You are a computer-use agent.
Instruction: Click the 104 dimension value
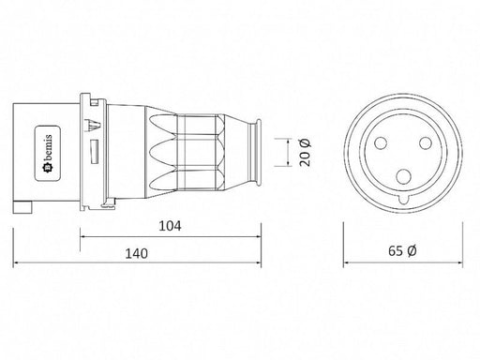pyautogui.click(x=170, y=226)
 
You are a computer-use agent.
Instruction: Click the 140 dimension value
pyautogui.click(x=136, y=253)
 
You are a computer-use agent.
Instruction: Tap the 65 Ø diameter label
pyautogui.click(x=402, y=250)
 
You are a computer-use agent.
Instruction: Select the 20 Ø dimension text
pyautogui.click(x=305, y=153)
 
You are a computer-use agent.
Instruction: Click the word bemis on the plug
pyautogui.click(x=48, y=148)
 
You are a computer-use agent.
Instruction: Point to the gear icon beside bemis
pyautogui.click(x=49, y=169)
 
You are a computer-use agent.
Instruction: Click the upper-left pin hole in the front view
pyautogui.click(x=381, y=143)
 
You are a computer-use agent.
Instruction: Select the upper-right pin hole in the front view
pyautogui.click(x=426, y=143)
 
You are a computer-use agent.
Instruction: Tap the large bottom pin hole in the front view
pyautogui.click(x=403, y=176)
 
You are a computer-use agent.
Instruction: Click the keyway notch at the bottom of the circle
pyautogui.click(x=403, y=200)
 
